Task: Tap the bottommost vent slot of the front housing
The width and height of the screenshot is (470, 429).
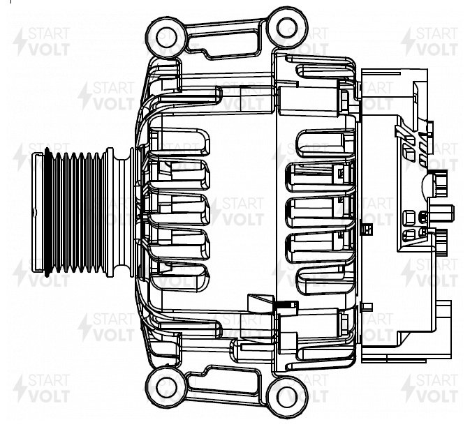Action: pyautogui.click(x=180, y=279)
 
